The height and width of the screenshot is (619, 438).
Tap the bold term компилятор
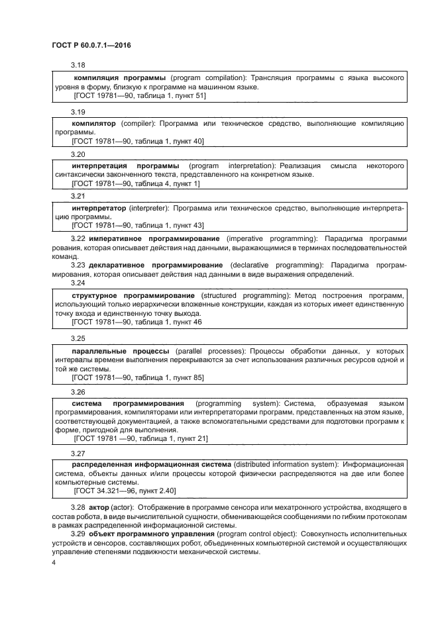[93, 124]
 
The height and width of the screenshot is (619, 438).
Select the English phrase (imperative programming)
[272, 238]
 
